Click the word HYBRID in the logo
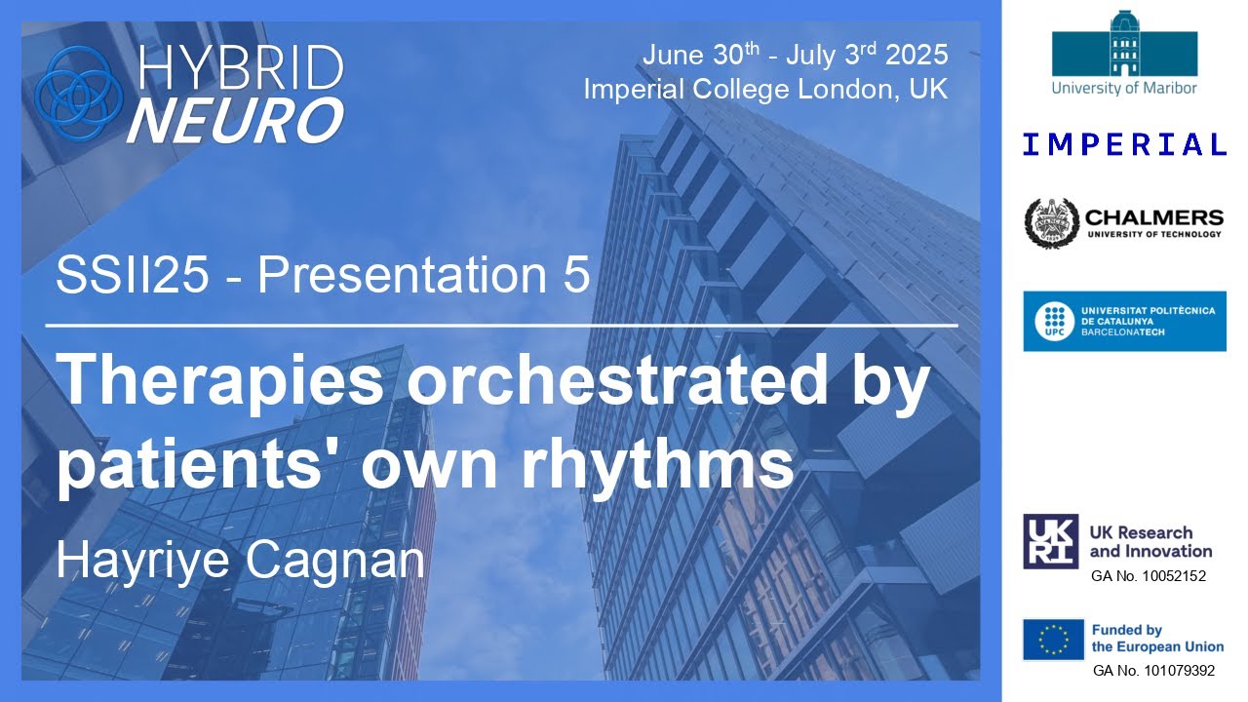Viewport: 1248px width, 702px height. tap(241, 68)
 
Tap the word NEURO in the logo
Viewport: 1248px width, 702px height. tap(235, 120)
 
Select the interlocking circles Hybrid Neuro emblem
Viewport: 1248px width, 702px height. tap(78, 93)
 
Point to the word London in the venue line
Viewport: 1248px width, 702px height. tap(846, 90)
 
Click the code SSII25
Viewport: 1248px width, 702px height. tap(133, 276)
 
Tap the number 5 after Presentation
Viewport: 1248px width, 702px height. tap(576, 276)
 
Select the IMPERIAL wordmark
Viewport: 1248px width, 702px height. tap(1124, 145)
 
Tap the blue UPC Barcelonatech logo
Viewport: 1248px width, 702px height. tap(1124, 321)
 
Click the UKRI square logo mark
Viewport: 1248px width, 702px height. tap(1050, 541)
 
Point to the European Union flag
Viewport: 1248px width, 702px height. tap(1052, 640)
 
